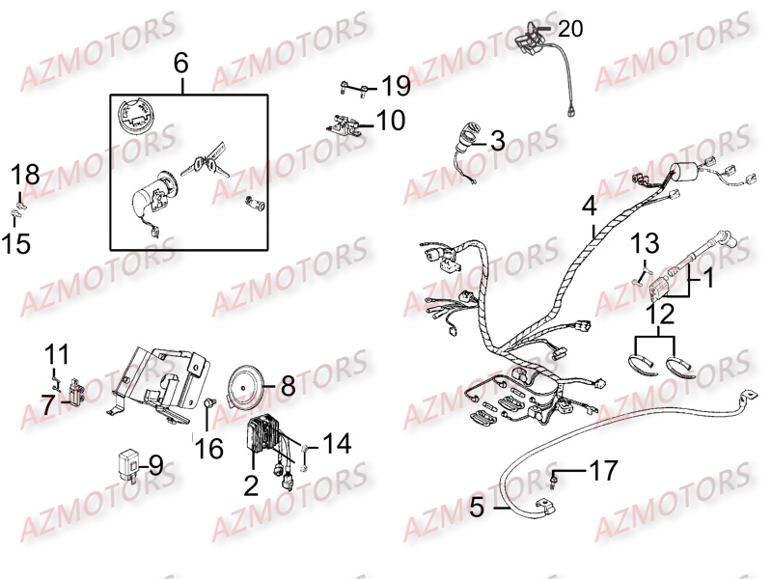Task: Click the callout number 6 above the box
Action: pos(181,64)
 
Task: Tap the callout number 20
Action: pos(570,29)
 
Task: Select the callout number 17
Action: pos(604,470)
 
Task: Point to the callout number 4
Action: pos(590,206)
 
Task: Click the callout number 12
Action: pos(660,315)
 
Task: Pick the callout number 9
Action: pos(155,465)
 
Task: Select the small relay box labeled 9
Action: pos(127,463)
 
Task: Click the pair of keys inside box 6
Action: pos(205,159)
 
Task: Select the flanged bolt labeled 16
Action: pos(209,402)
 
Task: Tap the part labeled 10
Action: pos(346,124)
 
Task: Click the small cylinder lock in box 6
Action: pos(255,203)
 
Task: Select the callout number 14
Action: pos(337,444)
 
